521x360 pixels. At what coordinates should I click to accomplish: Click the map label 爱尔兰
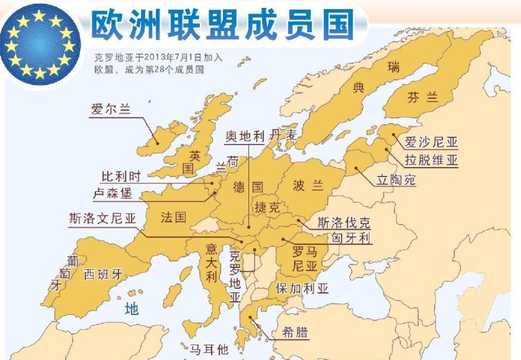pyautogui.click(x=111, y=110)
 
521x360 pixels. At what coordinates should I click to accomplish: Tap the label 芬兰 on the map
pyautogui.click(x=422, y=97)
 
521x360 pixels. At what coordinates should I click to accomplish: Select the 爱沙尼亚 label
pyautogui.click(x=430, y=143)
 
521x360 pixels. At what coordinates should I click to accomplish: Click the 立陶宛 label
pyautogui.click(x=396, y=181)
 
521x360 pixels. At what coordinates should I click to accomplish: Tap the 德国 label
pyautogui.click(x=248, y=186)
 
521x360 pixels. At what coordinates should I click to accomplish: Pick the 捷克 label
pyautogui.click(x=267, y=207)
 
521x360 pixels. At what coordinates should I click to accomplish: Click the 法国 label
pyautogui.click(x=173, y=217)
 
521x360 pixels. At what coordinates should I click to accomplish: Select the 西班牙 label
pyautogui.click(x=103, y=275)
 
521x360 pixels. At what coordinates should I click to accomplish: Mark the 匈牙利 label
pyautogui.click(x=352, y=238)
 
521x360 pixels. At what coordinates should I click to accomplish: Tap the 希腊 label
pyautogui.click(x=294, y=332)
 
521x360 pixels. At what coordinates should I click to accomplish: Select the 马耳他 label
pyautogui.click(x=209, y=350)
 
